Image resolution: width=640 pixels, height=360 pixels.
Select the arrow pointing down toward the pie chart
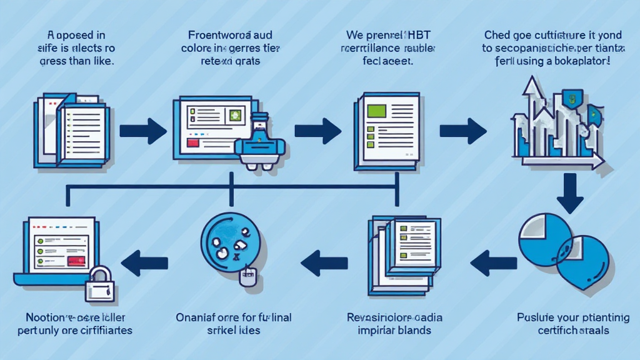point(569,194)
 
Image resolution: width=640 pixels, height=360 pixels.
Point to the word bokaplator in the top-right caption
point(576,62)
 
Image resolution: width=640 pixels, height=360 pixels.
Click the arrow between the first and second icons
point(142,131)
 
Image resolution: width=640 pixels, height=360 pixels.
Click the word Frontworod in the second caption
point(210,36)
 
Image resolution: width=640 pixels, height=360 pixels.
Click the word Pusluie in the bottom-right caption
point(534,316)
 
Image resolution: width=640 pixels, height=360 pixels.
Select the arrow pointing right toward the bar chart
point(462,131)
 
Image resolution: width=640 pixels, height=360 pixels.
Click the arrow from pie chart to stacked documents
point(493,262)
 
